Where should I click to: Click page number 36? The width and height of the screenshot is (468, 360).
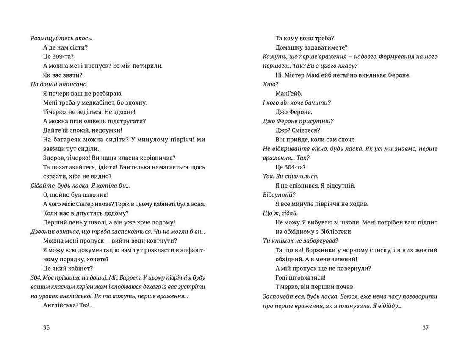point(47,327)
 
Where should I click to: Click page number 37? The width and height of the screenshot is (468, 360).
point(426,327)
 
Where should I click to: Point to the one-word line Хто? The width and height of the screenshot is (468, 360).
point(269,84)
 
